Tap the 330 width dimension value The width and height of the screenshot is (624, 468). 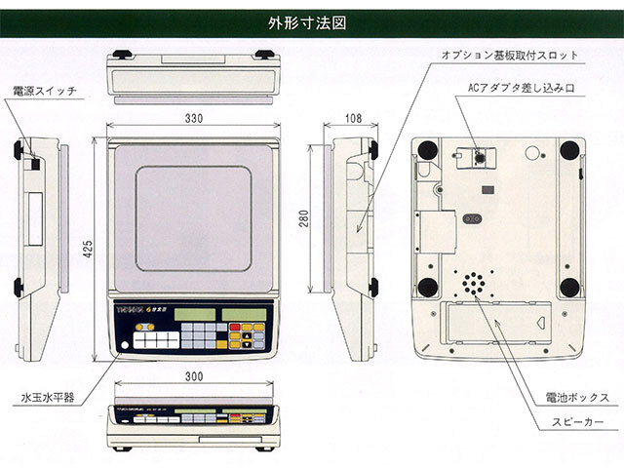click(193, 119)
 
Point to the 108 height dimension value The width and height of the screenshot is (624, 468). click(354, 119)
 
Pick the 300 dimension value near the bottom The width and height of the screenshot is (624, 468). click(194, 374)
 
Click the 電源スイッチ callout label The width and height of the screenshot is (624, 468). click(45, 91)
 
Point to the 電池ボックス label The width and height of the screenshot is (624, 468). click(578, 398)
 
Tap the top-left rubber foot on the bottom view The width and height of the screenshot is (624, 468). click(426, 149)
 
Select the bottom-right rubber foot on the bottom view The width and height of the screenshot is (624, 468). click(568, 286)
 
